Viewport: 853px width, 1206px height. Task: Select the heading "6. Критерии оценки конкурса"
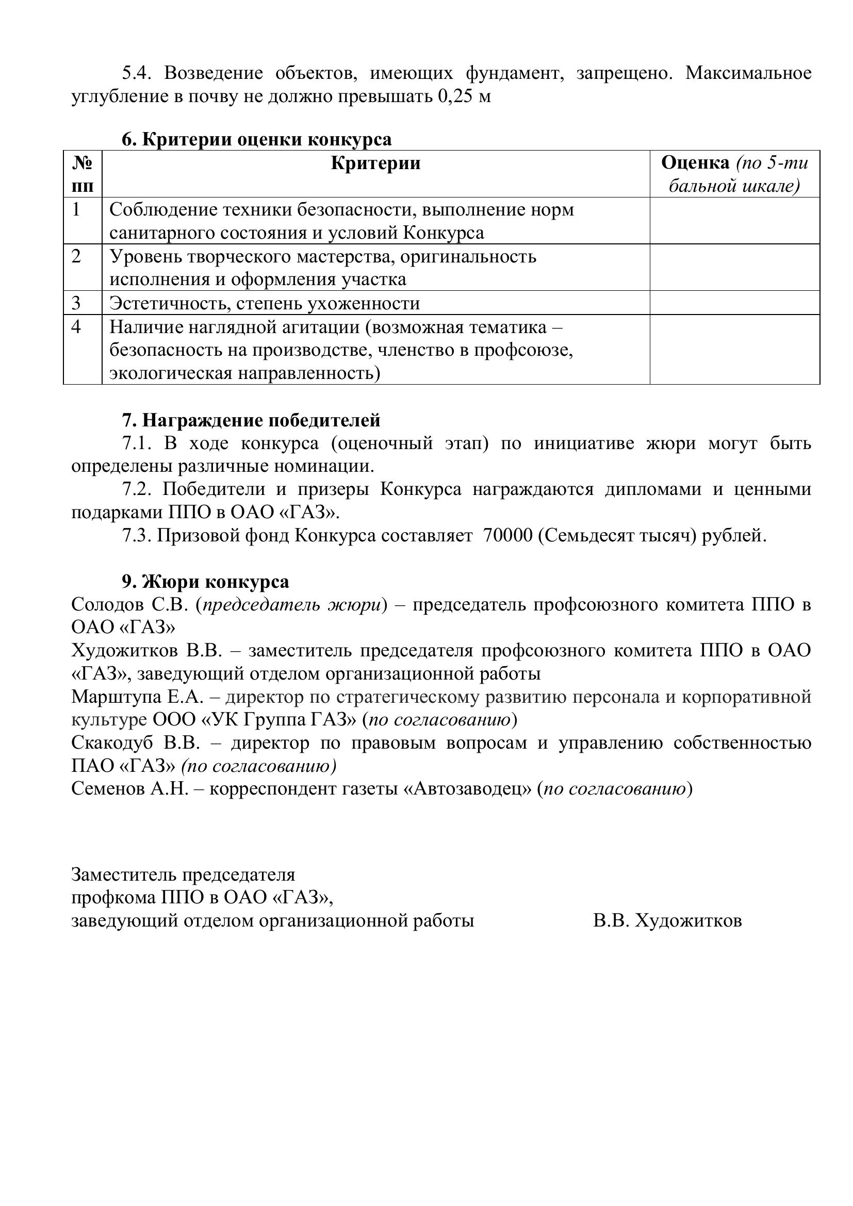257,139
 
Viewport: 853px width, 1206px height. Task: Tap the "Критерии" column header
375,163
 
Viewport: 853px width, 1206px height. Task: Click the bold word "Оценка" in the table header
695,163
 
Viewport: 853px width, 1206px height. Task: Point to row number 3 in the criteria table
77,303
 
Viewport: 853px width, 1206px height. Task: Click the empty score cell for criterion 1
734,221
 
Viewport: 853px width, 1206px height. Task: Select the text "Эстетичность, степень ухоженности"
265,303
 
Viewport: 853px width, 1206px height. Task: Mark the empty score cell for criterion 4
734,350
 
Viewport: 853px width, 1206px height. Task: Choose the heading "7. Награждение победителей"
251,420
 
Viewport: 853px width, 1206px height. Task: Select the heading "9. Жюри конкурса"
205,582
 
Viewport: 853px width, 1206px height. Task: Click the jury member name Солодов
107,605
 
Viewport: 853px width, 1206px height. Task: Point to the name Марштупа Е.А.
137,697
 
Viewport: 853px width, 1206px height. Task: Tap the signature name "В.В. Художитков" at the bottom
667,921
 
